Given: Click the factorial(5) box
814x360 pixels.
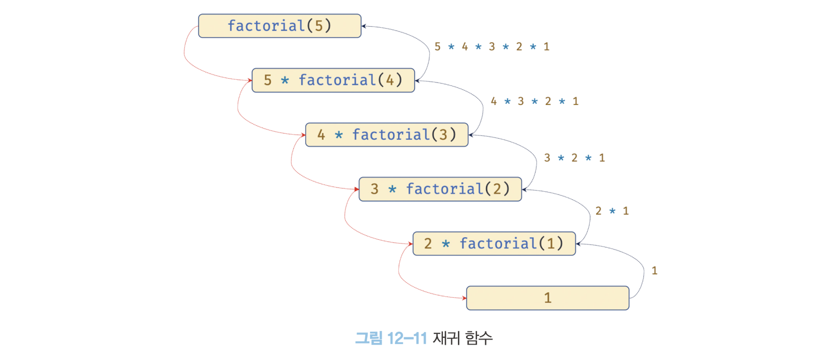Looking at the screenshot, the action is [279, 26].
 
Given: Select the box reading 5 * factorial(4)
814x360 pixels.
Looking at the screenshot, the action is [333, 80].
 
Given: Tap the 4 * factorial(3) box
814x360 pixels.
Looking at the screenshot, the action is [387, 134].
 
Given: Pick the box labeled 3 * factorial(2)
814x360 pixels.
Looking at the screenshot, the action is [440, 189].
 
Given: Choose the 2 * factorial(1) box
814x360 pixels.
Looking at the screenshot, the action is [494, 243].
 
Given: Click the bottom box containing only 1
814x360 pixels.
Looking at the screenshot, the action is [547, 297].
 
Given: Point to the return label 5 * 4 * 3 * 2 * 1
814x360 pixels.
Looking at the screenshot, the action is [492, 47].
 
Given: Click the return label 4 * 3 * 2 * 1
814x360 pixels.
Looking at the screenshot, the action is [535, 101].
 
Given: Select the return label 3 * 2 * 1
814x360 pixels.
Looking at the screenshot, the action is [574, 158].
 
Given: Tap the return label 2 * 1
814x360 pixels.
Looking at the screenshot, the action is [612, 211].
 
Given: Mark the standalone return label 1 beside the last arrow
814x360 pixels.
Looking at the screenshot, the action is [654, 271].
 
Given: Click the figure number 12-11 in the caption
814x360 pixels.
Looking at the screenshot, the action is [407, 338].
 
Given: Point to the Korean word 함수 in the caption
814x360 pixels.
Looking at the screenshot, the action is [478, 338].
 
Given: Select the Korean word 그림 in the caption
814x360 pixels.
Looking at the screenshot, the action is [369, 338].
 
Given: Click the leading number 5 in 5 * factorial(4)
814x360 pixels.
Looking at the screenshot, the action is [268, 80].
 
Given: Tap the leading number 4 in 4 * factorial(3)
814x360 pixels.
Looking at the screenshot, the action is [321, 134].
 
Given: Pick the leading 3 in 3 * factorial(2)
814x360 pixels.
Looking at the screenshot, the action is [374, 189].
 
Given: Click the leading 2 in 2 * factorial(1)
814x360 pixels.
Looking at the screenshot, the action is [428, 243].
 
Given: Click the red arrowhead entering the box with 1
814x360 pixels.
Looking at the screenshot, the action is [464, 298].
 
